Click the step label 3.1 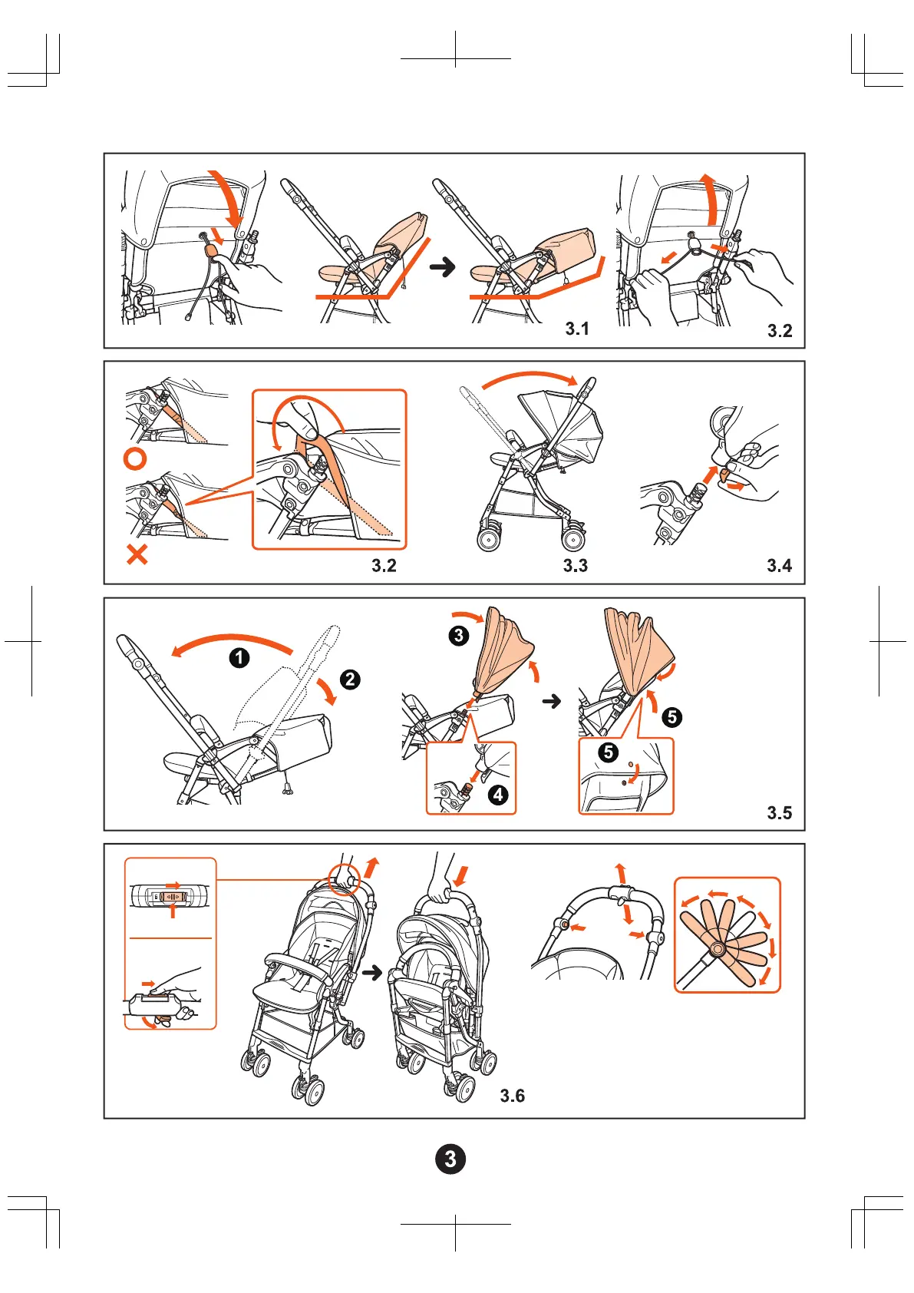pyautogui.click(x=577, y=329)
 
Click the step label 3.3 pyautogui.click(x=575, y=566)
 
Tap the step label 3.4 pyautogui.click(x=779, y=566)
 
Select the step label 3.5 pyautogui.click(x=779, y=812)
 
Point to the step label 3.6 pyautogui.click(x=513, y=1096)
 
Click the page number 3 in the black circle pyautogui.click(x=450, y=1159)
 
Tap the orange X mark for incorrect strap pyautogui.click(x=137, y=554)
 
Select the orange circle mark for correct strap pyautogui.click(x=135, y=459)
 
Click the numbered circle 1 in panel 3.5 pyautogui.click(x=239, y=657)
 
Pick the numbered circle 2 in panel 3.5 pyautogui.click(x=350, y=679)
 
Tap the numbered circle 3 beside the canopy pyautogui.click(x=459, y=635)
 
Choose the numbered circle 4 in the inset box pyautogui.click(x=498, y=794)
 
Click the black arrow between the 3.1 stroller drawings pyautogui.click(x=442, y=267)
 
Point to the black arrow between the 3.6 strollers pyautogui.click(x=372, y=973)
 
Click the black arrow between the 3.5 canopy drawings pyautogui.click(x=552, y=701)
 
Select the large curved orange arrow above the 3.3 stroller pyautogui.click(x=530, y=379)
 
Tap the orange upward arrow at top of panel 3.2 pyautogui.click(x=712, y=198)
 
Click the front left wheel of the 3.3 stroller pyautogui.click(x=489, y=538)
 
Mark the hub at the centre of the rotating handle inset pyautogui.click(x=718, y=950)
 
